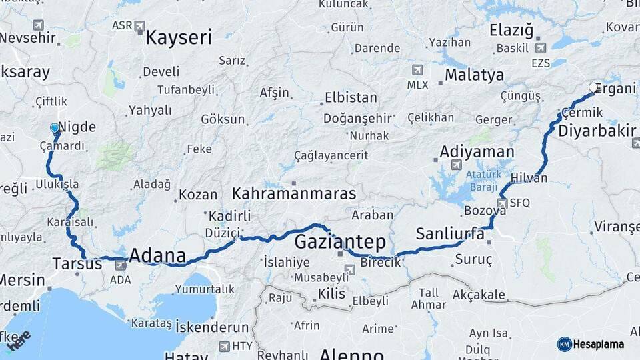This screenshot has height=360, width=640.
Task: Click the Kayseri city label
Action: pyautogui.click(x=178, y=37)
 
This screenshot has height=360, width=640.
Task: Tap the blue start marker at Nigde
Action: pyautogui.click(x=55, y=128)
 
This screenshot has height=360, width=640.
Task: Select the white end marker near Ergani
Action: pyautogui.click(x=593, y=87)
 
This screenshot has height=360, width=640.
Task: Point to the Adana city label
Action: pyautogui.click(x=157, y=255)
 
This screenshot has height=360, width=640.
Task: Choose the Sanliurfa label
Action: pyautogui.click(x=450, y=233)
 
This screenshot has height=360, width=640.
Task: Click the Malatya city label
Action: pyautogui.click(x=474, y=74)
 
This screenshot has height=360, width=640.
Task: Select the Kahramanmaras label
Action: pyautogui.click(x=293, y=193)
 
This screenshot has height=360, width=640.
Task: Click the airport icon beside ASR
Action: pyautogui.click(x=139, y=27)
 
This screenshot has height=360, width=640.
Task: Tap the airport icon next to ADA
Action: pyautogui.click(x=121, y=266)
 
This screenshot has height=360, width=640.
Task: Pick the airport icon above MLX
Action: pyautogui.click(x=418, y=70)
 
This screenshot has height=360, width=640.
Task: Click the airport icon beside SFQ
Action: pyautogui.click(x=503, y=203)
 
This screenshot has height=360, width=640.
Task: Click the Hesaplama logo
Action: pyautogui.click(x=591, y=344)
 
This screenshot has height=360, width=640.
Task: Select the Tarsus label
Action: pyautogui.click(x=77, y=264)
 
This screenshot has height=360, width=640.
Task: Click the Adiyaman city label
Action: pyautogui.click(x=477, y=153)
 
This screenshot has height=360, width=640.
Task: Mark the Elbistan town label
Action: pyautogui.click(x=350, y=97)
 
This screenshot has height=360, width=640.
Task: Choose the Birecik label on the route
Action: pyautogui.click(x=380, y=262)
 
